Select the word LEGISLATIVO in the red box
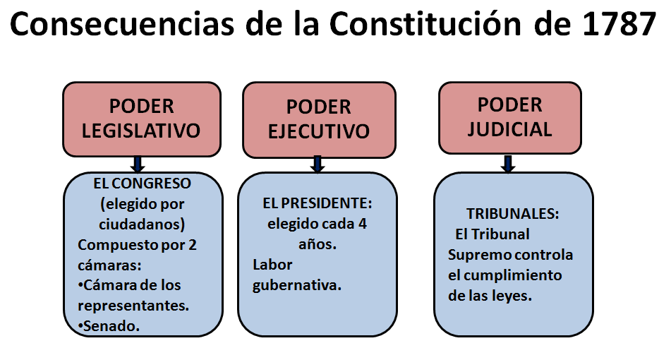coord(141,131)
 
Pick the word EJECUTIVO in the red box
coord(320,131)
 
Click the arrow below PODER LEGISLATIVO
coord(138,164)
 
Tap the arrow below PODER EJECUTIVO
coord(318,164)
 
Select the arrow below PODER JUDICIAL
coord(508,164)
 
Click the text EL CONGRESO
coord(142,184)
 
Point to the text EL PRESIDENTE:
coord(317,204)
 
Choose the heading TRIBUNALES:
coord(513,213)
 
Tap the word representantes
coord(133,306)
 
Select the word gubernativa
coord(296,285)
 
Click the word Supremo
coord(481,254)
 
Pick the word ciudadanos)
coord(141,224)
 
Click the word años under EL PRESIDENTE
coord(315,245)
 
